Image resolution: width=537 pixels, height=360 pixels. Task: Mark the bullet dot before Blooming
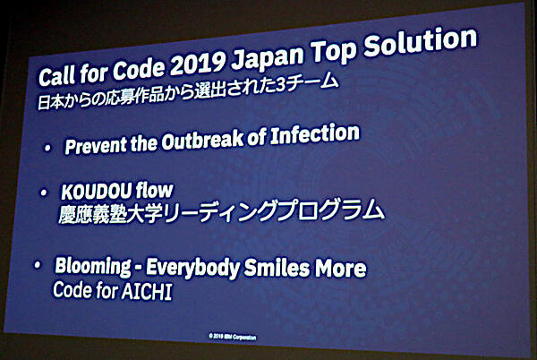(x=38, y=268)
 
